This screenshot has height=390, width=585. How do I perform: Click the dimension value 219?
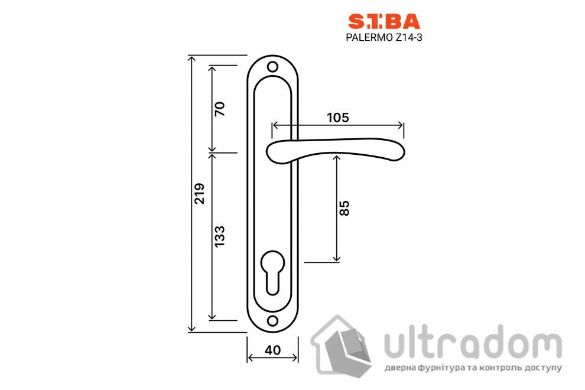[199, 193]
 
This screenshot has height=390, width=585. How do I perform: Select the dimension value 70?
[220, 109]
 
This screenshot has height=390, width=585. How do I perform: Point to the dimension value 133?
[220, 236]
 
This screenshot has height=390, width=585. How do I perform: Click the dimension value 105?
[337, 117]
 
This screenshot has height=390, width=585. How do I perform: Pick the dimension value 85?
[345, 207]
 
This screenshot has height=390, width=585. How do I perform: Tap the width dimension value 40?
[272, 350]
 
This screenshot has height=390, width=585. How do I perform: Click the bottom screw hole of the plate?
[272, 320]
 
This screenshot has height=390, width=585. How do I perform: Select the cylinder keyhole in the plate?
[272, 271]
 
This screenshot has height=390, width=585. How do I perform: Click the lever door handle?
[337, 151]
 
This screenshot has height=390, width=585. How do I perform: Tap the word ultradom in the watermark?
[473, 342]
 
